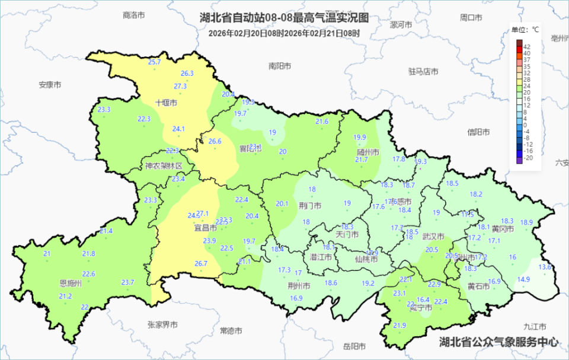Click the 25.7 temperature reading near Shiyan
(155, 62)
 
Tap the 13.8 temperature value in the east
(545, 267)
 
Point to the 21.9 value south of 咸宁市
(399, 326)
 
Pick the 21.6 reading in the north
(322, 122)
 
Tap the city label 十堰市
(167, 103)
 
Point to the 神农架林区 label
(168, 166)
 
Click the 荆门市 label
(311, 206)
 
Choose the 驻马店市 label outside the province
(423, 71)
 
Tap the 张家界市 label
(163, 324)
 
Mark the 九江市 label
(536, 326)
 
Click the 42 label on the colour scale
(527, 46)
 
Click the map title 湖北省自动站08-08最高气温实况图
(284, 18)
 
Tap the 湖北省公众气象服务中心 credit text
(498, 342)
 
